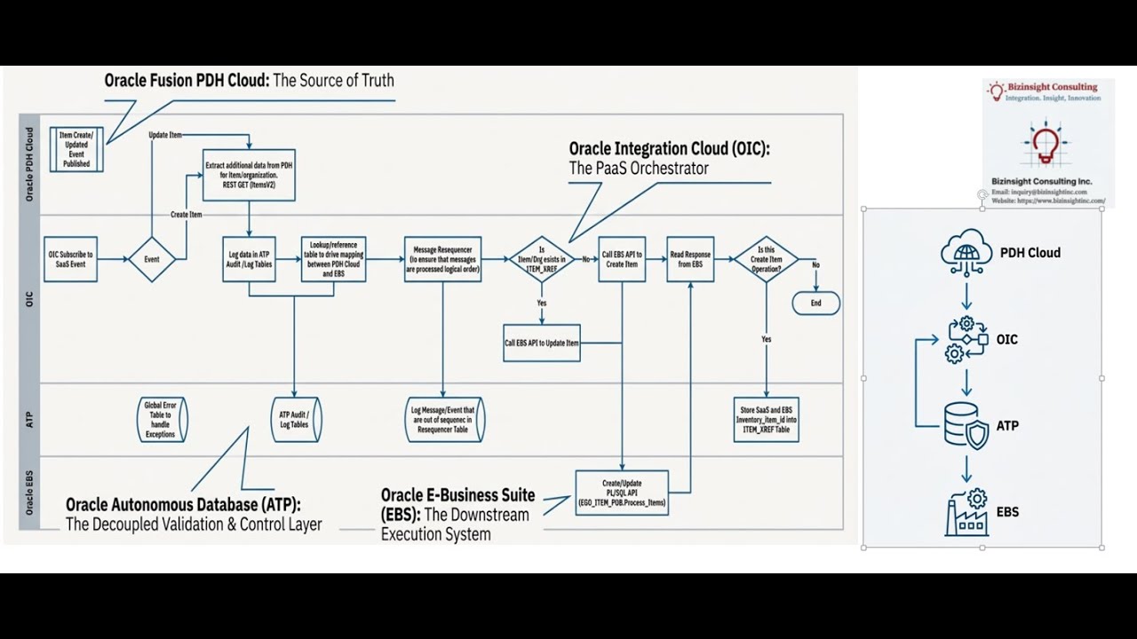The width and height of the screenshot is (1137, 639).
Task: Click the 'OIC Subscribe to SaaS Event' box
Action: tap(70, 259)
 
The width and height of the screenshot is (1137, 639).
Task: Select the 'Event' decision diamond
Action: tap(152, 259)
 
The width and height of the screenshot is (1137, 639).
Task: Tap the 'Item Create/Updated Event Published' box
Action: tap(76, 149)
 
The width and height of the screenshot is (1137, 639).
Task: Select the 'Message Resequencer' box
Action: tap(442, 259)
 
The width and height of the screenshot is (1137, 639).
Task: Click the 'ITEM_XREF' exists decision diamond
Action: tap(541, 259)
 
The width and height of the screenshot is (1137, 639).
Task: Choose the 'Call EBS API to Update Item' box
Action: tap(541, 343)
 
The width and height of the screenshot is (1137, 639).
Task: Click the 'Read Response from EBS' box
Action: tap(690, 259)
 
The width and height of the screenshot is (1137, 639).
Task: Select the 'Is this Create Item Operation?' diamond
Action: tap(766, 259)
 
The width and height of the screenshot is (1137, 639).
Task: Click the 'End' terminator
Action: tap(815, 303)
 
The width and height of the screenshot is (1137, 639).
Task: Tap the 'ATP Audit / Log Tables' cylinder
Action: tap(295, 420)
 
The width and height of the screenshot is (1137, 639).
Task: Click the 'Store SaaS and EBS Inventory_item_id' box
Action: tap(766, 420)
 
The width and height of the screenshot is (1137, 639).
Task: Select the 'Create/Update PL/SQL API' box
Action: tap(622, 493)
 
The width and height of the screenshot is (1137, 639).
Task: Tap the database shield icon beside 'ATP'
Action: tap(966, 426)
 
